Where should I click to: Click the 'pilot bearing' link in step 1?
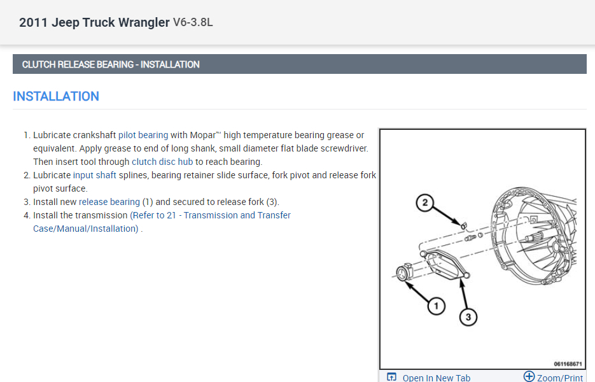click(143, 135)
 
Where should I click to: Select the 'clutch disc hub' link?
click(162, 162)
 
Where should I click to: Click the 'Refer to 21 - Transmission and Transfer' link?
click(211, 215)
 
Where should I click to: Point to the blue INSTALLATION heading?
click(56, 96)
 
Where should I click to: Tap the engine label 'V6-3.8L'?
click(193, 23)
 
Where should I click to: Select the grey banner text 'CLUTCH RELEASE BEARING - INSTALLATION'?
click(111, 64)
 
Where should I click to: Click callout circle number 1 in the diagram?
click(436, 307)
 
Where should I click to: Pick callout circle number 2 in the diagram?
click(425, 203)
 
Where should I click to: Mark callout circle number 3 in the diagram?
click(468, 316)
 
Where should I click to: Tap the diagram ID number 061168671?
click(567, 364)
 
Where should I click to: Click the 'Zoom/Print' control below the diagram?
click(553, 377)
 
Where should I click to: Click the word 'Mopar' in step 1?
click(202, 135)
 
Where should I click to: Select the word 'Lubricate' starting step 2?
click(52, 175)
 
